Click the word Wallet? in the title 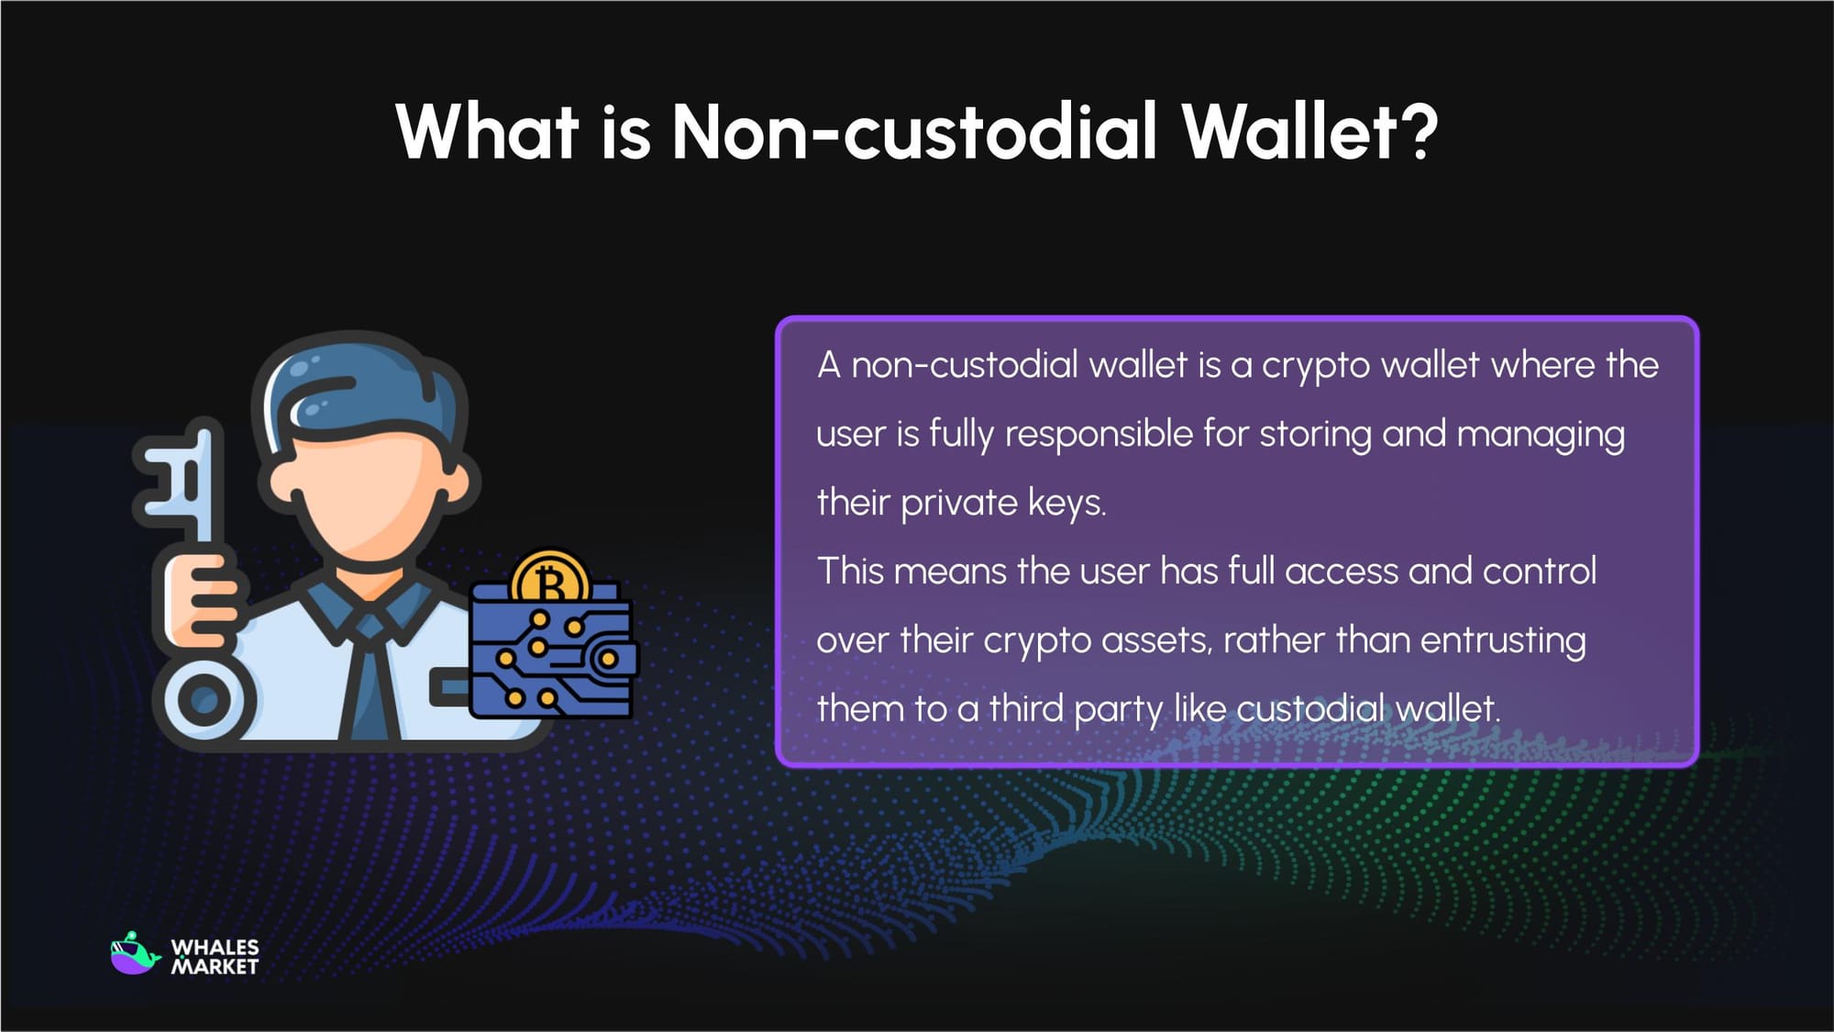1309,131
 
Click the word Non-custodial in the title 913,131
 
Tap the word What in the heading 486,131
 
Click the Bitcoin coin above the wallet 550,578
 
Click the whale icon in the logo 135,954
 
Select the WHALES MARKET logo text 215,957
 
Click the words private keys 1003,503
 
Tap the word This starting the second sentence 848,571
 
